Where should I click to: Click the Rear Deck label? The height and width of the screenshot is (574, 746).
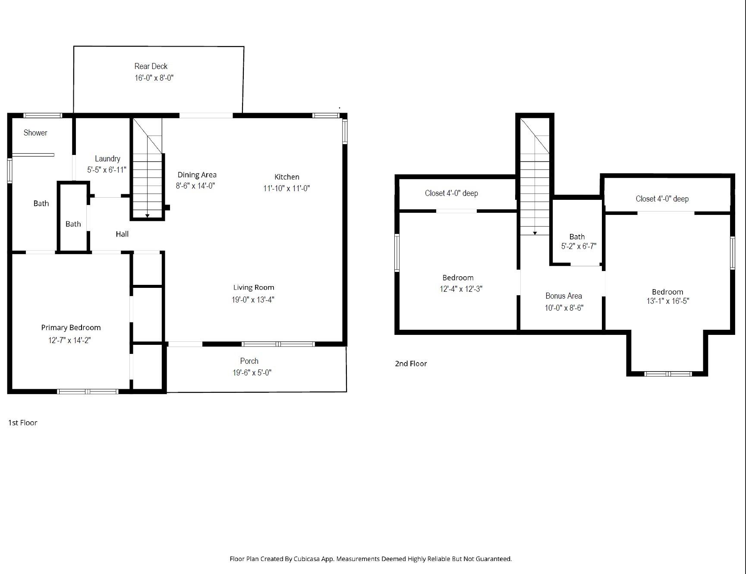click(151, 66)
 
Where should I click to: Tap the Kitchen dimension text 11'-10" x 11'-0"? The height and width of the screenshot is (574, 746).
click(286, 188)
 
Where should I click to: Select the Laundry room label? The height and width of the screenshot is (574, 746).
click(107, 158)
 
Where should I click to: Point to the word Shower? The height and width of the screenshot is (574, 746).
click(35, 132)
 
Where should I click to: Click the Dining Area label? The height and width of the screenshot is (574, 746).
click(197, 175)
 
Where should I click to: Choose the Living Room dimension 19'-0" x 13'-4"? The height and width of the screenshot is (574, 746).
click(253, 300)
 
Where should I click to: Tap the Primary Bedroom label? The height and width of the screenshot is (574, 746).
click(71, 328)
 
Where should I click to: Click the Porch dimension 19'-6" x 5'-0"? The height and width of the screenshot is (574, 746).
click(252, 372)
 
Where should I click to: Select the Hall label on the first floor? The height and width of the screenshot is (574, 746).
click(122, 234)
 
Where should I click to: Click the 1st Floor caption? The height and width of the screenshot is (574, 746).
click(23, 423)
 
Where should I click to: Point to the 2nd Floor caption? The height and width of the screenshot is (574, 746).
click(411, 363)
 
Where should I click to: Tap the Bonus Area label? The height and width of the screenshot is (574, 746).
click(563, 296)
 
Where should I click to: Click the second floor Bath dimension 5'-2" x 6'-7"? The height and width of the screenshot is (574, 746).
click(579, 246)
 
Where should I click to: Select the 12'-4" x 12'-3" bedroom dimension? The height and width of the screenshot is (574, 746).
click(461, 289)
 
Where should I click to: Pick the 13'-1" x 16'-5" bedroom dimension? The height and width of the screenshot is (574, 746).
click(667, 301)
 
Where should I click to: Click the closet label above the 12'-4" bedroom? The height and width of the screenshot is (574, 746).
click(451, 193)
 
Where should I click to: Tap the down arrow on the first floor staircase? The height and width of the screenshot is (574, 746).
click(148, 215)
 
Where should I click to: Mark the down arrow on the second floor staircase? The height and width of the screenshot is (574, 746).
click(535, 233)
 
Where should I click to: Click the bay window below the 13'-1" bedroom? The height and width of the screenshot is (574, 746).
click(668, 374)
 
